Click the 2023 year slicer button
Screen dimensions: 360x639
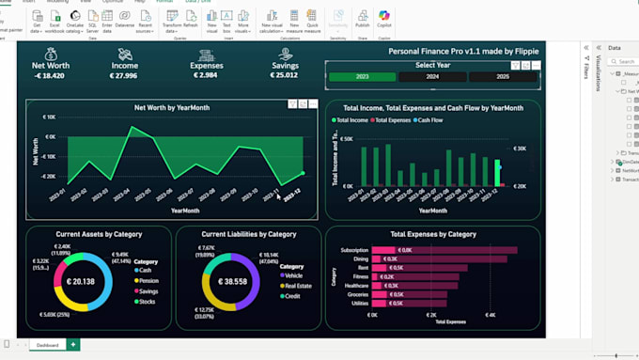click(x=362, y=77)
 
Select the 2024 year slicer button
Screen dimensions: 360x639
click(x=432, y=77)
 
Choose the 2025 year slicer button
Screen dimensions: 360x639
click(x=503, y=77)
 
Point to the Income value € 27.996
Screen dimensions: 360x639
click(x=124, y=75)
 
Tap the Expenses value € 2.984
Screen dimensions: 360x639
click(x=205, y=75)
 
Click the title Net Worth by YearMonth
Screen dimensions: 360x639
click(x=172, y=108)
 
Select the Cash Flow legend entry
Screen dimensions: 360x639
click(x=429, y=120)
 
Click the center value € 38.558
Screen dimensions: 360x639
click(x=231, y=281)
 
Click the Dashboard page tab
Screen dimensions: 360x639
click(x=46, y=345)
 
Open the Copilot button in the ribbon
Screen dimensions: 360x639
click(x=383, y=20)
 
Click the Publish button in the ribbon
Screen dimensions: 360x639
click(x=362, y=20)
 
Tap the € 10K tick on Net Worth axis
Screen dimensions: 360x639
click(x=49, y=117)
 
